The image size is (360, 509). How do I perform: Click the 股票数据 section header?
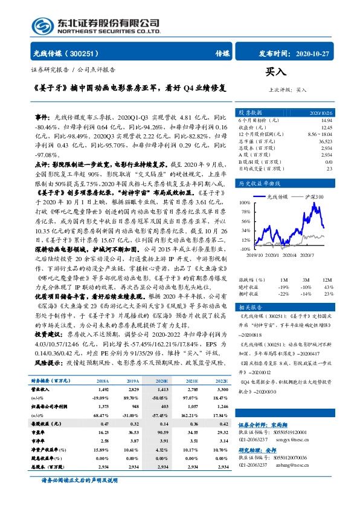(250, 113)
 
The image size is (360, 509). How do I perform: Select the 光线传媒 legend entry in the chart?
(274, 198)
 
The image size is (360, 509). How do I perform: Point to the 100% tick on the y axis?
(245, 203)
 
